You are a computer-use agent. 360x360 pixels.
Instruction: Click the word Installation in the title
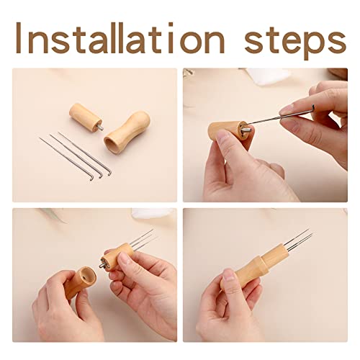(x=120, y=38)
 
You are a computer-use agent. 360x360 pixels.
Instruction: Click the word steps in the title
(x=295, y=41)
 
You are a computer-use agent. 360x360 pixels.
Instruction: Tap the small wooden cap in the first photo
(x=86, y=117)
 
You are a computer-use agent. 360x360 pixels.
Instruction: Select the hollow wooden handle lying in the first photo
(x=127, y=132)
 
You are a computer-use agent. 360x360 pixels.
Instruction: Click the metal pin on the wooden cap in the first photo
(x=101, y=127)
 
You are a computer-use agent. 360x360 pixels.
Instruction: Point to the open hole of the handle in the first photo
(x=112, y=145)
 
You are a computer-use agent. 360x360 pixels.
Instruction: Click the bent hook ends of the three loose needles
(x=101, y=174)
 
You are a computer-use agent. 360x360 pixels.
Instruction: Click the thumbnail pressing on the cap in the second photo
(x=222, y=138)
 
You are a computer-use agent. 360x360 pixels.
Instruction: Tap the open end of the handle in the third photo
(x=89, y=276)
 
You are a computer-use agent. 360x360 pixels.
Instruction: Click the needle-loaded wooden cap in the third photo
(x=117, y=256)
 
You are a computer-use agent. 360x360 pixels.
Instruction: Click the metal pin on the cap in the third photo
(x=103, y=265)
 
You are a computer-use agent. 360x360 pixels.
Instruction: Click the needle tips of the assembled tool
(x=310, y=233)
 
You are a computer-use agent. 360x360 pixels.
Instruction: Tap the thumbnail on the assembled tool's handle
(x=228, y=276)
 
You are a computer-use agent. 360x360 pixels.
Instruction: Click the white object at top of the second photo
(x=269, y=76)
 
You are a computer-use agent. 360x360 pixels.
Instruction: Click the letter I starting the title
(x=19, y=37)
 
